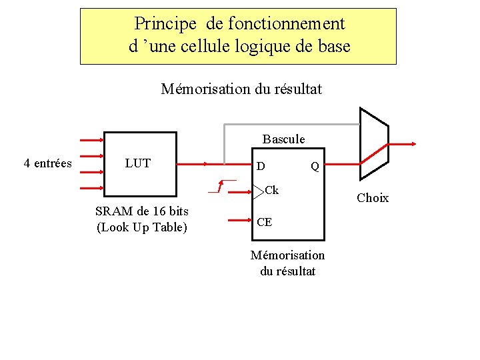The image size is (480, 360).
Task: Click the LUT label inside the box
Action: click(x=138, y=163)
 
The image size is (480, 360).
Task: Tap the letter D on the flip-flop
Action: click(x=261, y=166)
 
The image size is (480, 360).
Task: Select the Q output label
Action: click(x=315, y=167)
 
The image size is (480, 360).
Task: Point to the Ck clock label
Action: click(x=271, y=191)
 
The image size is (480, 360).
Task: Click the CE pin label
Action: click(x=264, y=222)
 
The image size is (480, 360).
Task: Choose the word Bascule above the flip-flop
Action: click(x=283, y=139)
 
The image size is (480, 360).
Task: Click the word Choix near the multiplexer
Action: click(x=373, y=198)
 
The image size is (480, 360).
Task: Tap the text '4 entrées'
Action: click(x=47, y=163)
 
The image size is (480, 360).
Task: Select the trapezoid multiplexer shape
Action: click(x=373, y=143)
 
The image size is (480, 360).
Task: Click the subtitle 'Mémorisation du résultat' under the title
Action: click(x=241, y=89)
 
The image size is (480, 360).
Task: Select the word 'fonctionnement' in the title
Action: click(x=287, y=25)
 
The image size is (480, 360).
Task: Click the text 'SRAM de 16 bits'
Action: click(x=142, y=211)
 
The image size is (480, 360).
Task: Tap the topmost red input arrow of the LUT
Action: click(x=91, y=141)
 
